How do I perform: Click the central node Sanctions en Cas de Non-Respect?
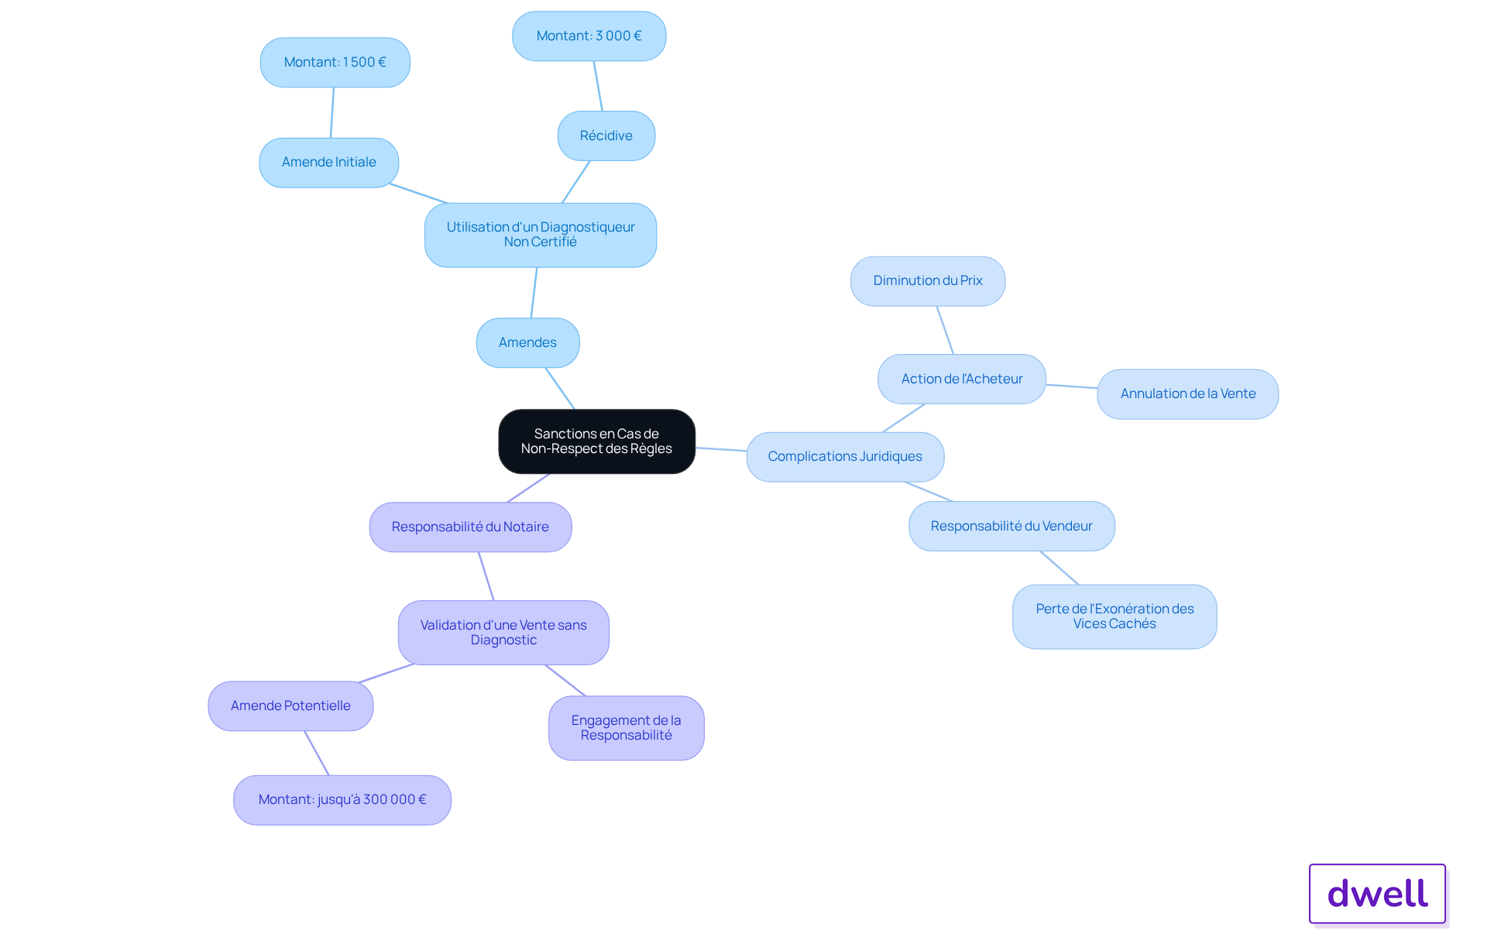point(596,441)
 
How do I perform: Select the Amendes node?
point(527,342)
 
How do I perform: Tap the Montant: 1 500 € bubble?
point(335,63)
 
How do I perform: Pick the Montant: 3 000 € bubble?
point(589,36)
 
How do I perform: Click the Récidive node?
point(606,136)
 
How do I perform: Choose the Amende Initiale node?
point(328,163)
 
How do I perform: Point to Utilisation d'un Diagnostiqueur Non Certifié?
point(541,235)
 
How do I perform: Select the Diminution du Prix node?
point(928,281)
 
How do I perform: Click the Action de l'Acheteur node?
point(962,379)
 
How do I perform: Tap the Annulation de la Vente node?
point(1188,394)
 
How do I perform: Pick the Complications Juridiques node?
point(845,457)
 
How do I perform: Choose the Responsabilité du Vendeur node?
point(1011,527)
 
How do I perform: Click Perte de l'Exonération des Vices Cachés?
point(1114,616)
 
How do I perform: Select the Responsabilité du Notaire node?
point(470,527)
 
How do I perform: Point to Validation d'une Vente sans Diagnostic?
point(503,633)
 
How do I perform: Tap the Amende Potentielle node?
point(290,706)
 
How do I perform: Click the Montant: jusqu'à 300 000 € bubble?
point(342,800)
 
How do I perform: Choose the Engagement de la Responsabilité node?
point(626,728)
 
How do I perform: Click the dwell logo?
point(1377,894)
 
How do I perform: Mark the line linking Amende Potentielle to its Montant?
point(317,754)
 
